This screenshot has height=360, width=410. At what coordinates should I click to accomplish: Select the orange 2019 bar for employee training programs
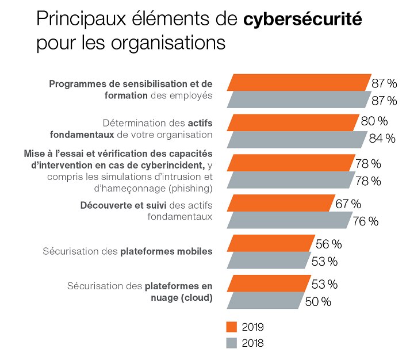coord(299,83)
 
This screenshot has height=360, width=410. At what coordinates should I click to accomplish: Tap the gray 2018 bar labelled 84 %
coord(297,139)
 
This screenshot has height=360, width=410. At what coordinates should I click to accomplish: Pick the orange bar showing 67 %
coord(281,204)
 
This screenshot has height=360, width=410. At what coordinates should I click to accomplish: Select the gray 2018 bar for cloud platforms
coord(266,300)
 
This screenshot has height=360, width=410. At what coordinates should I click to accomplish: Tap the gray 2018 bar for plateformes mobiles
coord(268,261)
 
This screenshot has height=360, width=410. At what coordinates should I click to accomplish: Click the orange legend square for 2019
coord(232,327)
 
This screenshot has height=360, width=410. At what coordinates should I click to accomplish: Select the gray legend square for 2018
coord(232,343)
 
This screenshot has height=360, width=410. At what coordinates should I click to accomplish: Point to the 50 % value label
coord(318,301)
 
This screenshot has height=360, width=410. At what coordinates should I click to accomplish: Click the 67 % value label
coord(348,204)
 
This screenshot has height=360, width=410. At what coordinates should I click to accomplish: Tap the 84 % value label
coord(382,139)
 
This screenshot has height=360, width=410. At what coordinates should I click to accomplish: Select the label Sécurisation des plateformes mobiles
coord(128,252)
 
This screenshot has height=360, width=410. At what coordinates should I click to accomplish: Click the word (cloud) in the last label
coord(197,297)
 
